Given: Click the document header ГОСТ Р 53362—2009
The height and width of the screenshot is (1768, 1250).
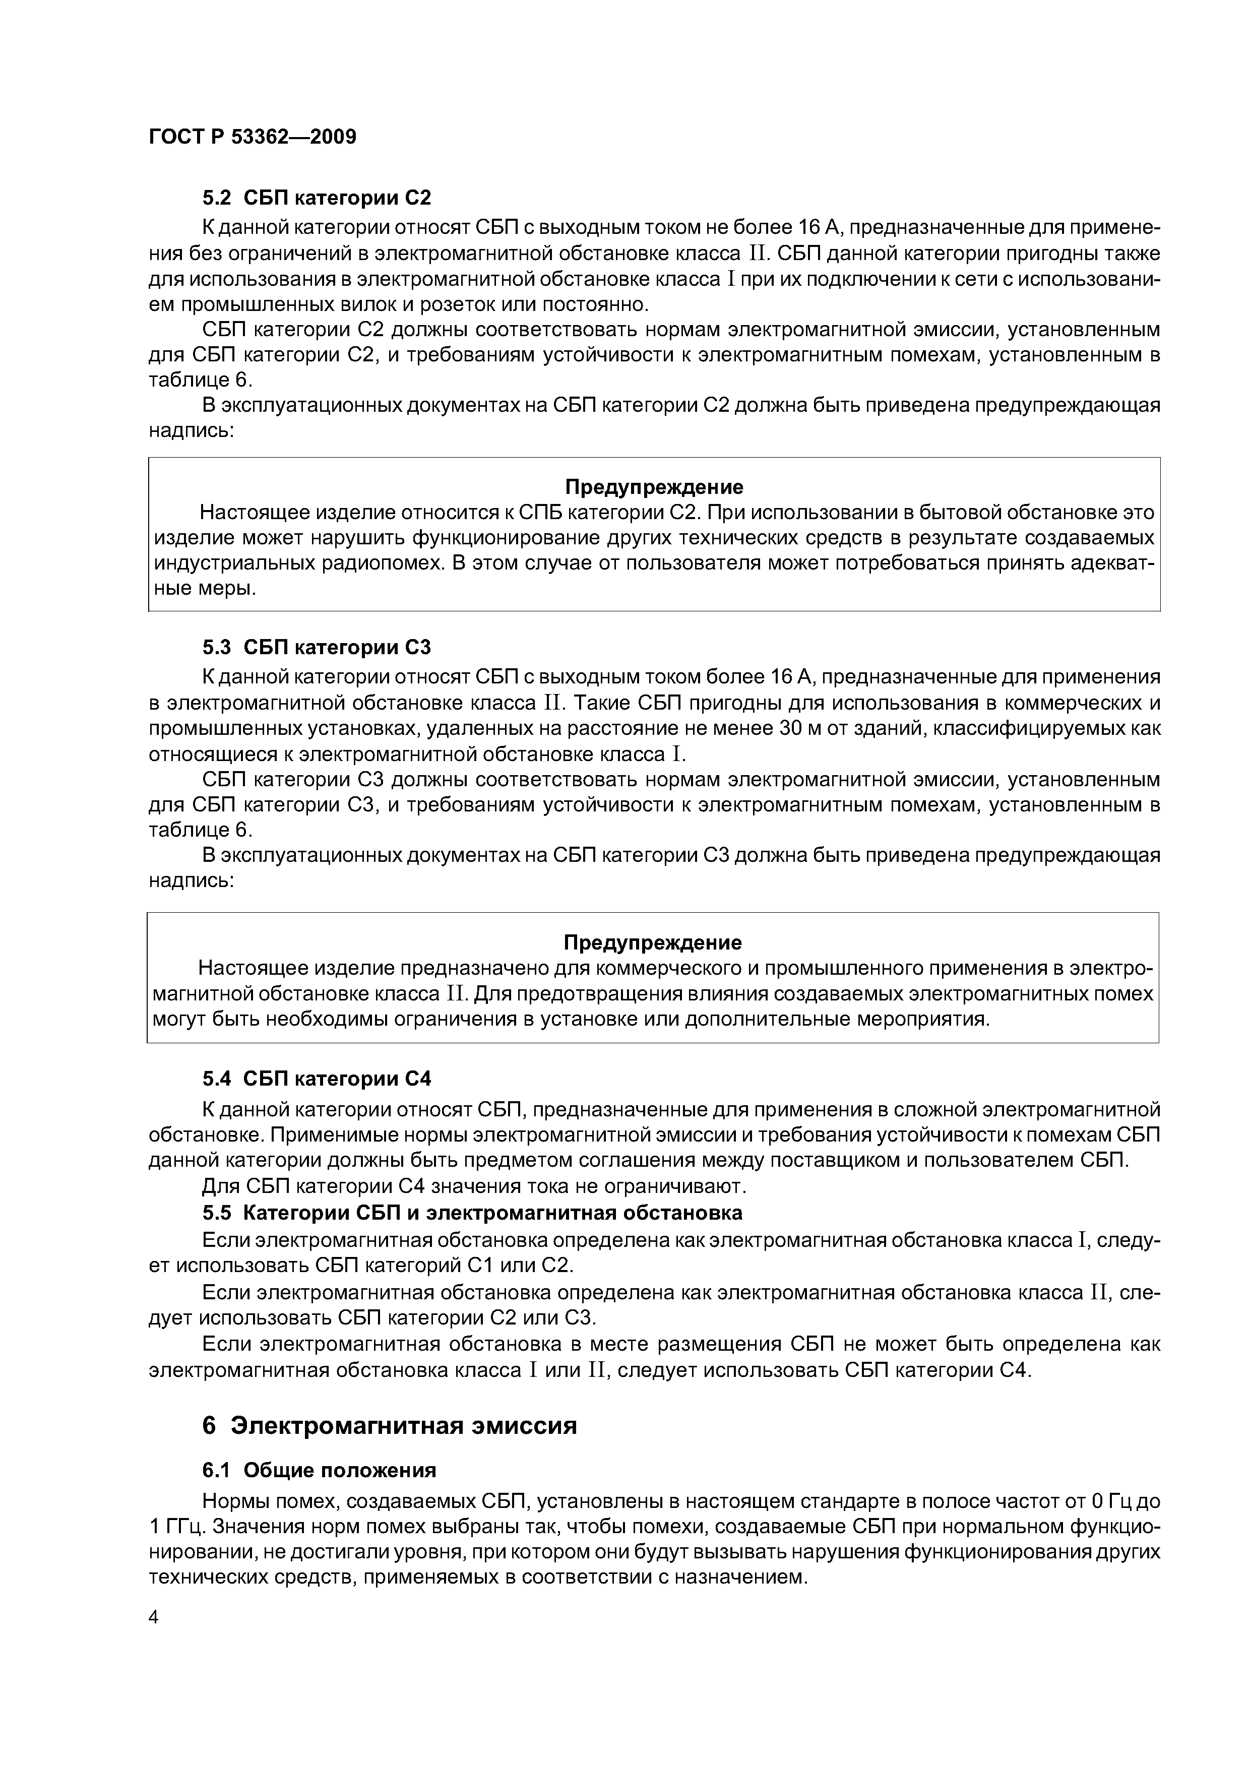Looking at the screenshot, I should [x=252, y=137].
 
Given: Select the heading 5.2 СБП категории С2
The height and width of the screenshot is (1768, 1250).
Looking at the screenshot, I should [x=317, y=198].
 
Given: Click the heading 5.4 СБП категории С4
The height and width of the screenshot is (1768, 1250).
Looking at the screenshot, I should [x=317, y=1079].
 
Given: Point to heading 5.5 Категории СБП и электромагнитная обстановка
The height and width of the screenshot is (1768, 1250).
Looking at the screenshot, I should [x=472, y=1213].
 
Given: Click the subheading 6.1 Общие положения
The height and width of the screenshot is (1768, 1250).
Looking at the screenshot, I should [x=319, y=1470].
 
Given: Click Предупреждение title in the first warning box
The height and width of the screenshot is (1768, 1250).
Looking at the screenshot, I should [x=654, y=487].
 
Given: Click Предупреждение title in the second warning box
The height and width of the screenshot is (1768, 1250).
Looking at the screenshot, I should [x=652, y=942].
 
